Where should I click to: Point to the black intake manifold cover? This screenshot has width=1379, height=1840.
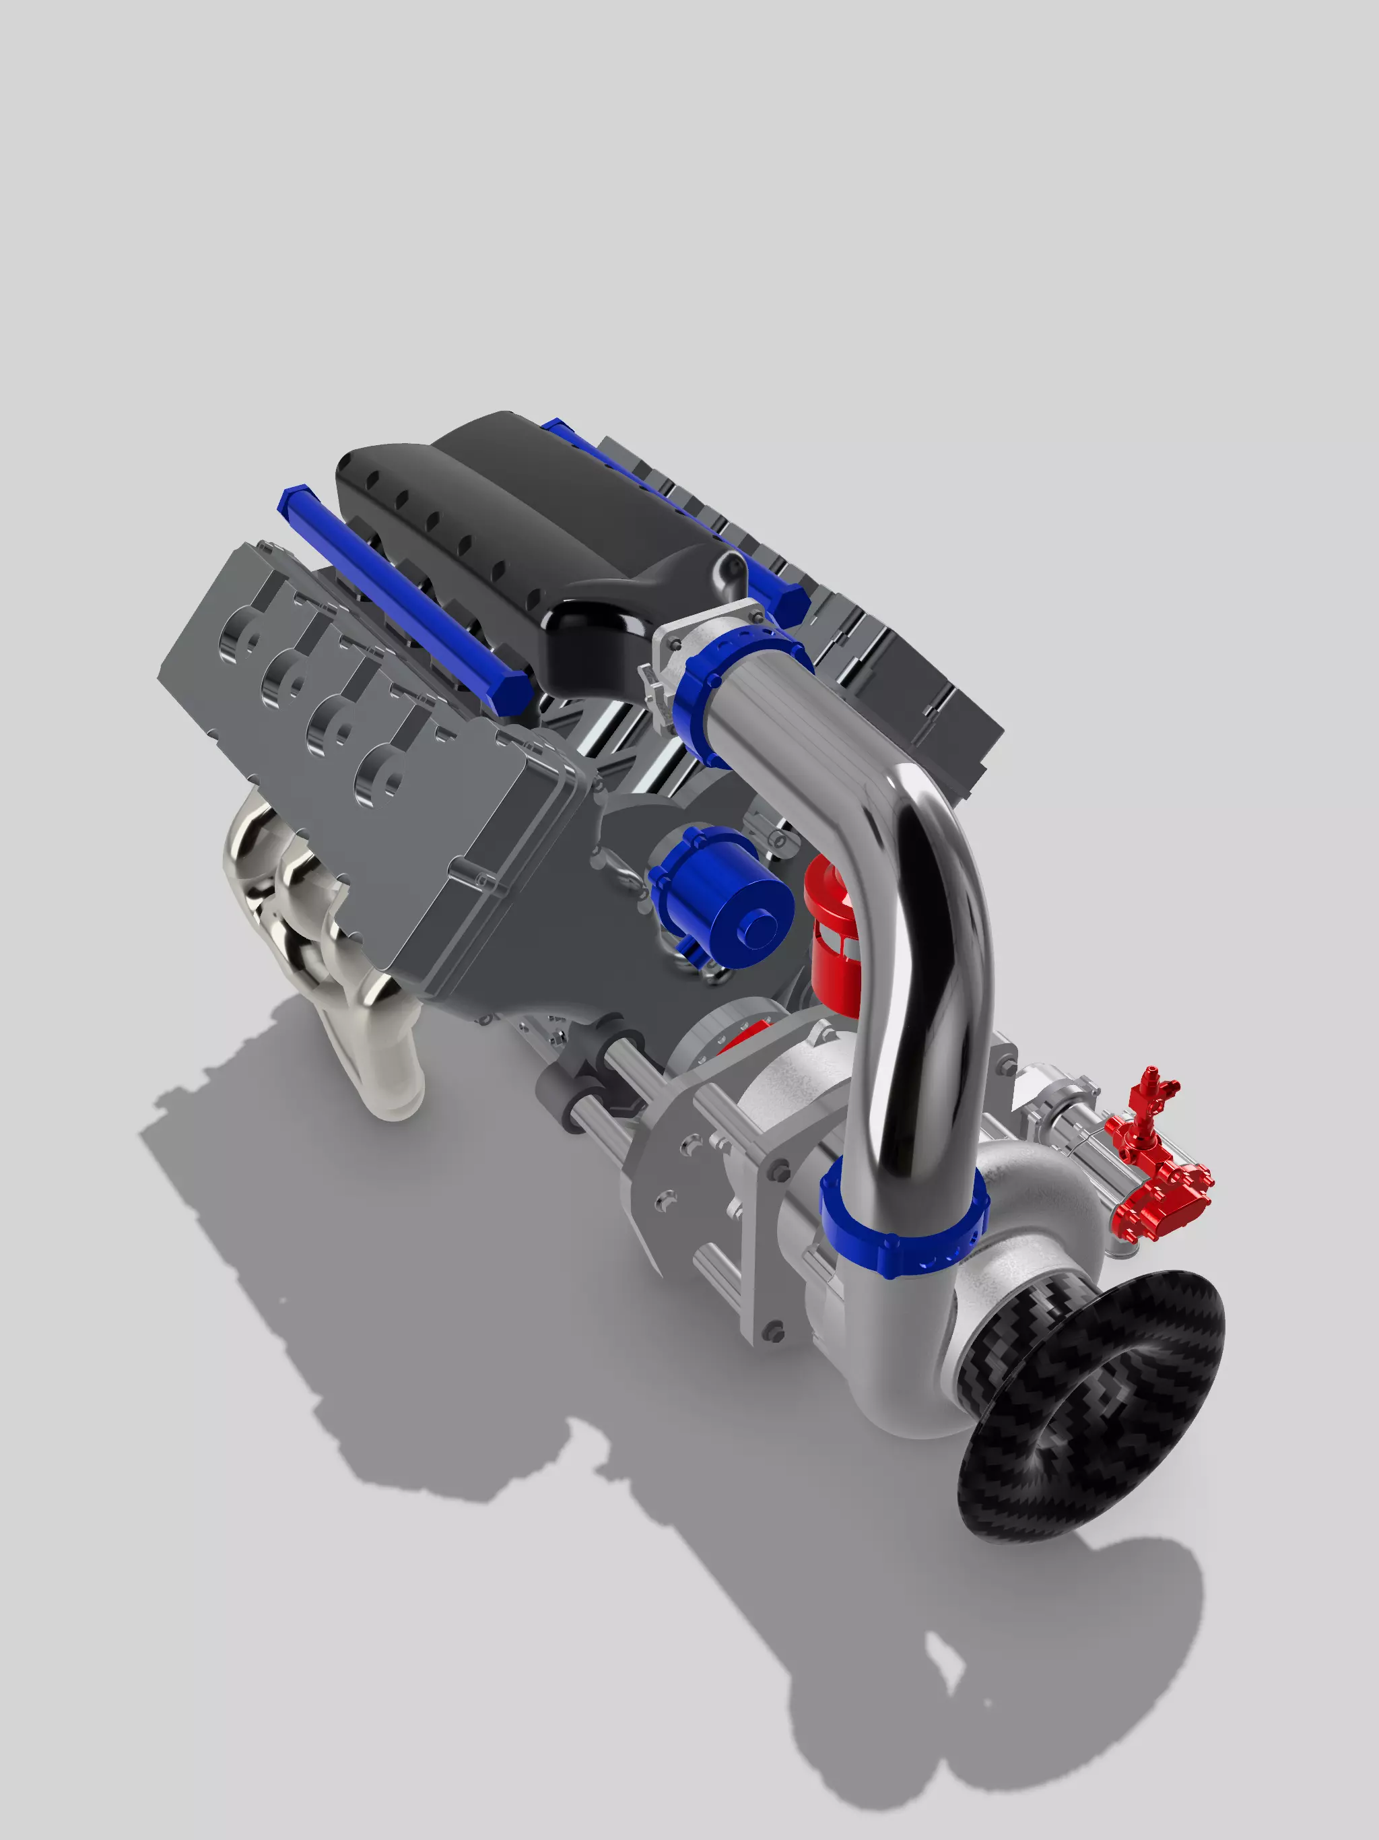[533, 532]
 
